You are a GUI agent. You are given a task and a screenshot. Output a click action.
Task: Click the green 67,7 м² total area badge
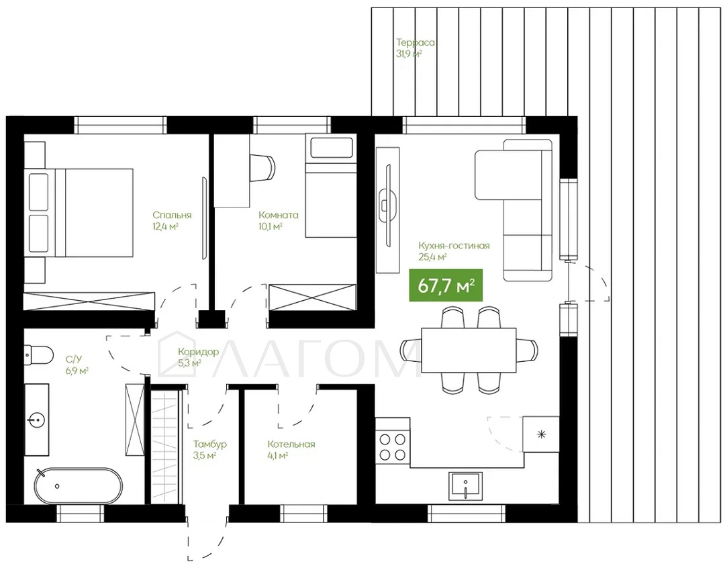click(x=446, y=285)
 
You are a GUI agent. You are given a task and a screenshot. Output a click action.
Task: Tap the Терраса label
click(x=416, y=42)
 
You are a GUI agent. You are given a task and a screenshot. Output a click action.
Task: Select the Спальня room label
click(x=172, y=216)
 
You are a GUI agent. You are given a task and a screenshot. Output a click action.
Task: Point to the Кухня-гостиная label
click(x=454, y=246)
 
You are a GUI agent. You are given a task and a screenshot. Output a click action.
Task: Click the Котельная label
click(x=291, y=444)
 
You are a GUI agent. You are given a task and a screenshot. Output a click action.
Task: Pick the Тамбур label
click(x=210, y=444)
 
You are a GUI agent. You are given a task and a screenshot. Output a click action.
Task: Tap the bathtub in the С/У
click(x=79, y=486)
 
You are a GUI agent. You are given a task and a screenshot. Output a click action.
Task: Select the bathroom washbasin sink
click(x=36, y=420)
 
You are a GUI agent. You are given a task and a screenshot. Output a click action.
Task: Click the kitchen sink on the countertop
click(x=465, y=486)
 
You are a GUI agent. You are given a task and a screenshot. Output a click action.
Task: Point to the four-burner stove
click(x=393, y=446)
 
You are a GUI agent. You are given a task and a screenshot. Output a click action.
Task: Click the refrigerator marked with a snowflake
click(x=541, y=434)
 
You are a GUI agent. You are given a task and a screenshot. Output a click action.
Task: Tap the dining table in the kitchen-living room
click(x=469, y=350)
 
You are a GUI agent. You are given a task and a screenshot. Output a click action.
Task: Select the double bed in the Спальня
click(x=81, y=213)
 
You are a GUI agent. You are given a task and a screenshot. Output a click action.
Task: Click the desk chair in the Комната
click(x=262, y=167)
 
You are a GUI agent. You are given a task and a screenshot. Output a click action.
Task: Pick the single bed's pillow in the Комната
click(x=330, y=148)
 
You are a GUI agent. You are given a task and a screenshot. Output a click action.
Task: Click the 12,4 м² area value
click(x=166, y=226)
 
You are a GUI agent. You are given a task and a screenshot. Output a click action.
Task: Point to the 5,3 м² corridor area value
click(x=189, y=363)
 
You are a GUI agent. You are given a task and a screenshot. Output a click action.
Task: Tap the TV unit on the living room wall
click(x=387, y=210)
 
